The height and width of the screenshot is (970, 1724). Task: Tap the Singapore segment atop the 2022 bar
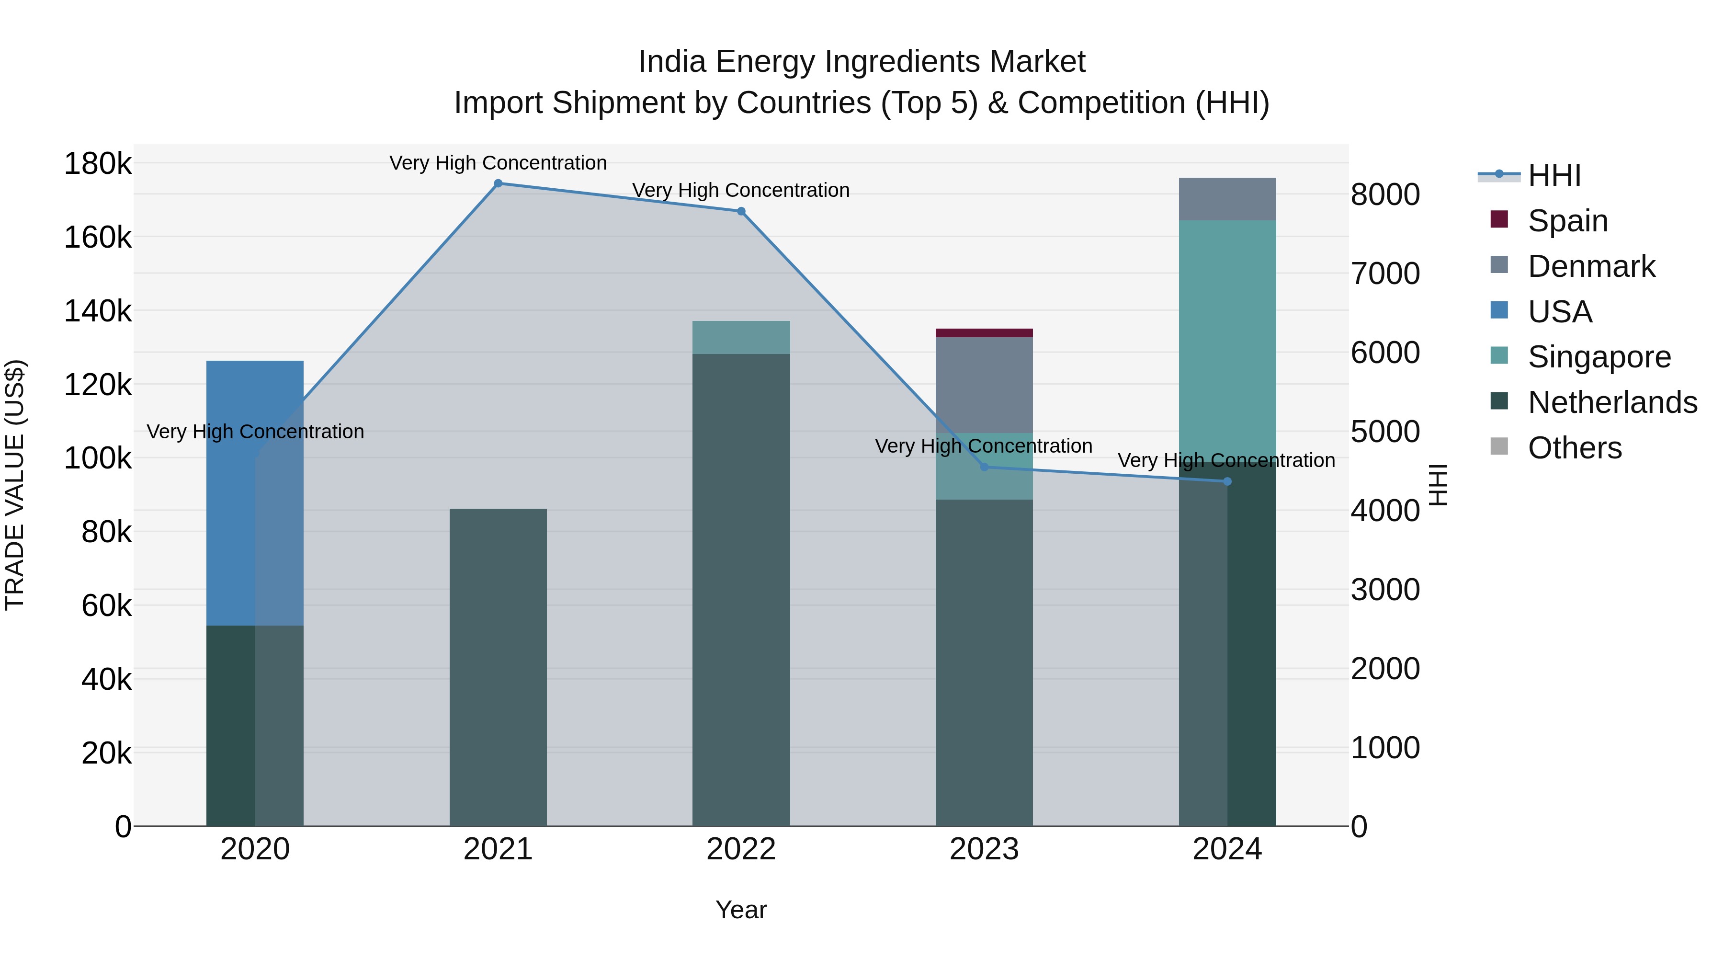click(741, 337)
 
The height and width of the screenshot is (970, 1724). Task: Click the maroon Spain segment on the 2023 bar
click(984, 333)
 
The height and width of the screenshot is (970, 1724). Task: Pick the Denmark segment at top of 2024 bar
click(1227, 199)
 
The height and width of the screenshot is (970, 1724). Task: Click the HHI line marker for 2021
click(498, 183)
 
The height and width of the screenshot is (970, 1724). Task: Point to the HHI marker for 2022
click(741, 212)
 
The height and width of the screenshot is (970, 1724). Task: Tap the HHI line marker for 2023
click(984, 467)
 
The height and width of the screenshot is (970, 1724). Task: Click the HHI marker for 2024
click(1227, 481)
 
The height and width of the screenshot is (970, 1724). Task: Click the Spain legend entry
click(1567, 221)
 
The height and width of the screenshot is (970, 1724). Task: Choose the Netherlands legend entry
click(1611, 402)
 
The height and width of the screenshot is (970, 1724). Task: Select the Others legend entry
click(1574, 448)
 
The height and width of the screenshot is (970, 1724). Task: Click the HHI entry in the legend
click(1554, 175)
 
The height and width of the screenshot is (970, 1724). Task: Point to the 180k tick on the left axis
click(98, 163)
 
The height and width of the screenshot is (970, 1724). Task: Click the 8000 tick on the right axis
click(1384, 195)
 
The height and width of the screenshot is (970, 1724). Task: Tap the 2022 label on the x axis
click(741, 849)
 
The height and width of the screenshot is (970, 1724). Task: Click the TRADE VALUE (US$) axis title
click(15, 485)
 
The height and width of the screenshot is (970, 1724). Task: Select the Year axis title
click(741, 910)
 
